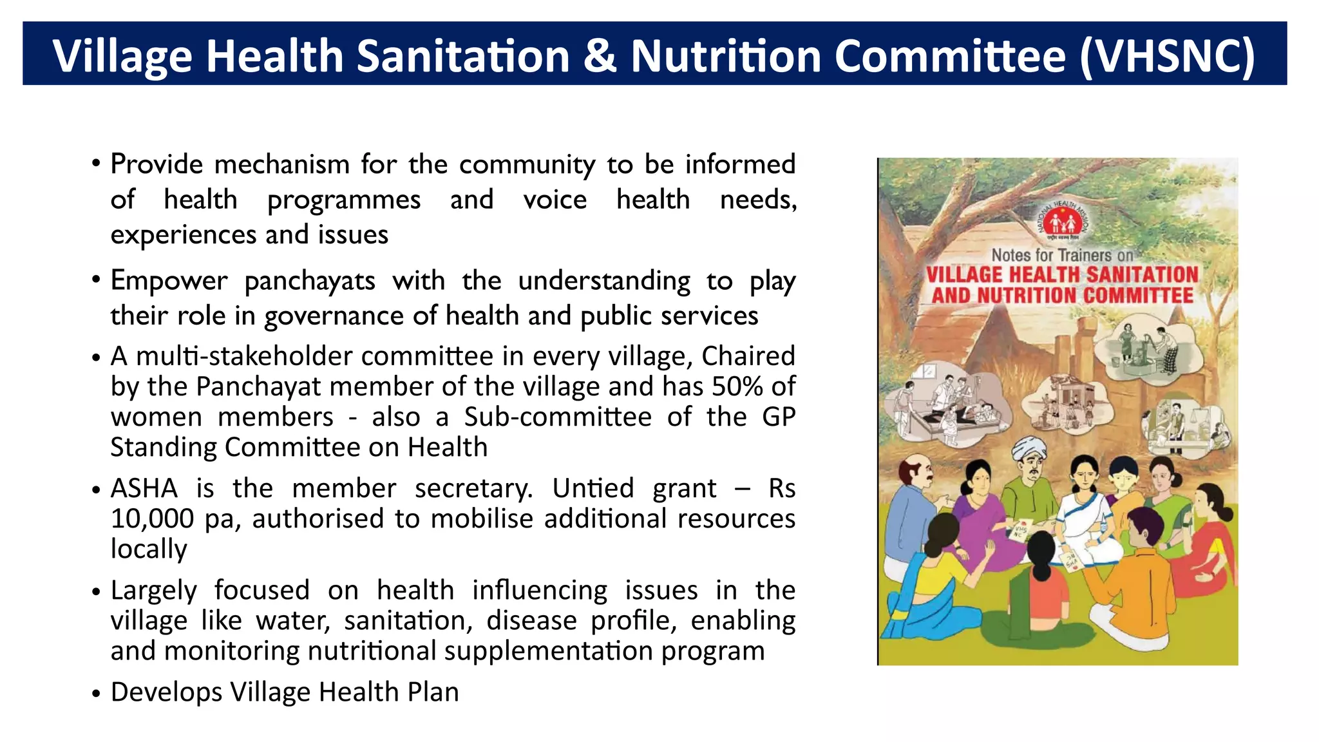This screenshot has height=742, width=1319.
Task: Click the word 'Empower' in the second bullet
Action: (169, 281)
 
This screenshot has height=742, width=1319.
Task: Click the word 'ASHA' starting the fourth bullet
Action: (144, 488)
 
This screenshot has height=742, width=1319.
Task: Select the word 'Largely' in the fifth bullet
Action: (153, 591)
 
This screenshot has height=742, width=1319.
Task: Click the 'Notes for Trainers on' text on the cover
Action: (1061, 255)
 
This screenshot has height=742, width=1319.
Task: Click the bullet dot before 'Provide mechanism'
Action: (96, 163)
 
